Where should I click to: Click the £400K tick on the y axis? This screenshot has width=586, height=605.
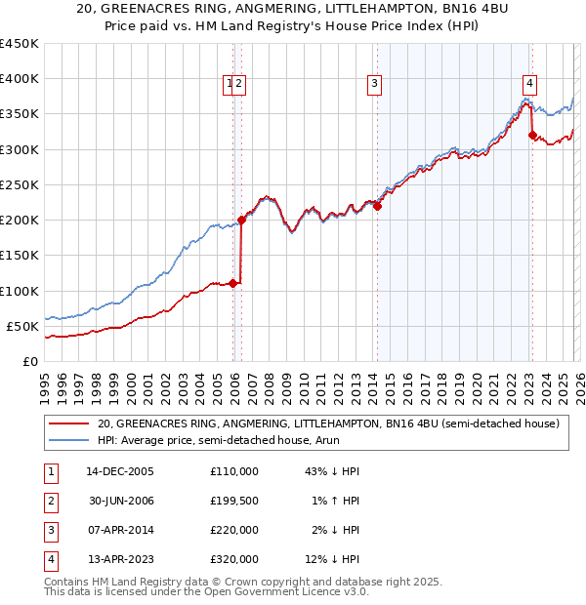(20, 79)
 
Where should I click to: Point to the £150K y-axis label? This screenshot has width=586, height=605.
(20, 256)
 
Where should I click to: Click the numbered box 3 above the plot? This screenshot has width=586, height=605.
(374, 84)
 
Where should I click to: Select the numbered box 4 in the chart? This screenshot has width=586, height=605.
(528, 84)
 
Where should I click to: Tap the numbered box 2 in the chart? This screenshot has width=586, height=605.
(238, 84)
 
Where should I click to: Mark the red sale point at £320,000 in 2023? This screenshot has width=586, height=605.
(532, 136)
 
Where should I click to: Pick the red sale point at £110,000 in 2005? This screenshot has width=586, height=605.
(233, 284)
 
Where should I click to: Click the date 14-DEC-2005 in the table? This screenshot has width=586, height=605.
(120, 471)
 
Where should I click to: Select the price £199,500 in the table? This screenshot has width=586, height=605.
(234, 501)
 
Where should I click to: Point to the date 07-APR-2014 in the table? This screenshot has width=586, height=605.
(120, 530)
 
